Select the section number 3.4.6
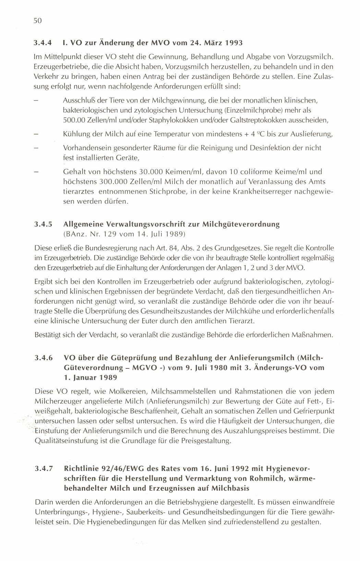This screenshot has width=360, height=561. [x=44, y=358]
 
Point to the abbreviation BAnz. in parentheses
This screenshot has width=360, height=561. [x=75, y=235]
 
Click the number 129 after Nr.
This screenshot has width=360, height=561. [x=109, y=235]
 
